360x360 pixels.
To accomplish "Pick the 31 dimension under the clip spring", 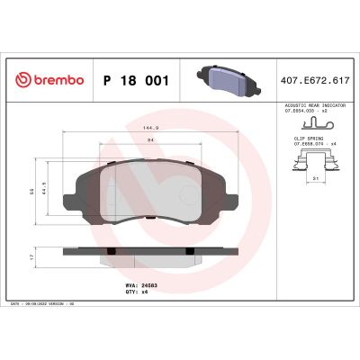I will point(313,177).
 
